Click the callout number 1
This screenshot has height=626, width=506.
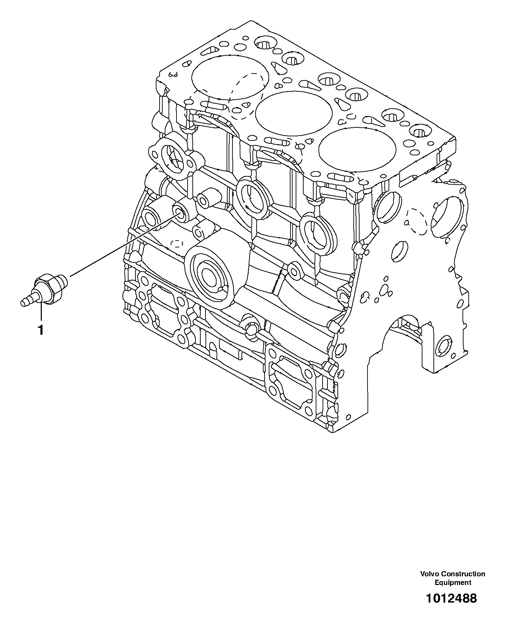coord(41,330)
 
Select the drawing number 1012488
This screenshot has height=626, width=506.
coord(451,598)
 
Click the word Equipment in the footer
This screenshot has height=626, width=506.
coord(452,583)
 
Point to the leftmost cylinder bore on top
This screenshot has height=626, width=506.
coord(230,78)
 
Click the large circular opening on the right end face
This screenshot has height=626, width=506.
coord(448,218)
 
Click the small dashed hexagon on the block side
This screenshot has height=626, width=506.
coord(176,244)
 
